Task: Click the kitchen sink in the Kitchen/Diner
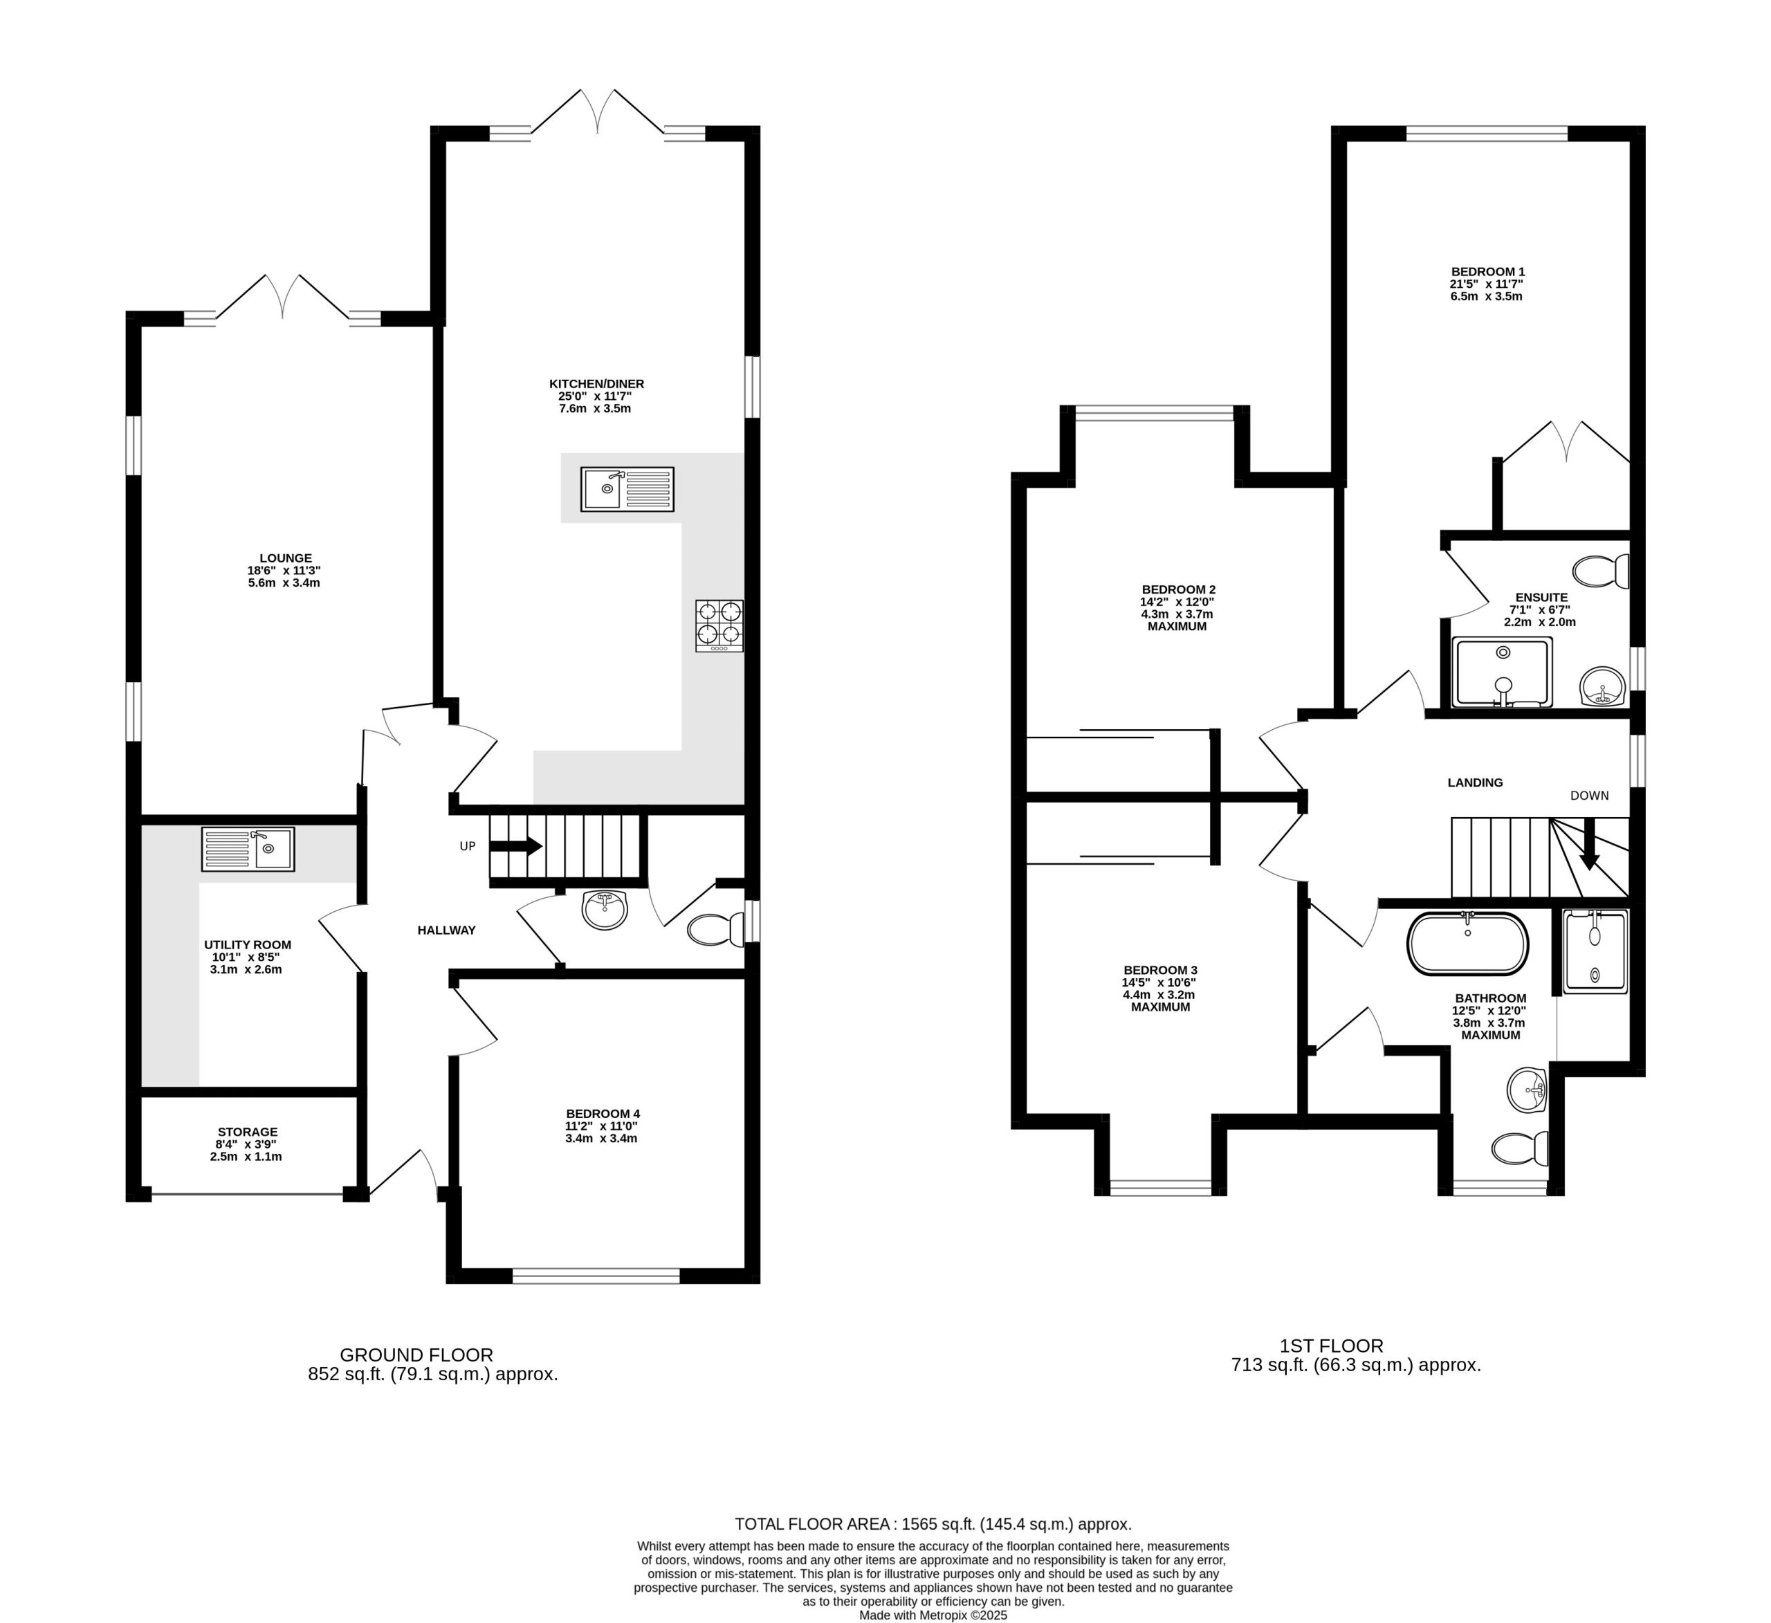(627, 489)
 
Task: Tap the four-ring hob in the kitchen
(719, 625)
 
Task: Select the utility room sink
(248, 849)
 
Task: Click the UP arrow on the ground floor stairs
(515, 846)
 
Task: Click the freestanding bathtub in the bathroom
(1468, 944)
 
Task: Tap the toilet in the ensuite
(1601, 572)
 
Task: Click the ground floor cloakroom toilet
(716, 930)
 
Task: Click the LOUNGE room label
(286, 558)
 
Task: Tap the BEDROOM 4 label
(603, 1113)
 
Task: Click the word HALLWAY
(446, 930)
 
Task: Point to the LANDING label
(1475, 782)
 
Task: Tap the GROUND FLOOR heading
(416, 1355)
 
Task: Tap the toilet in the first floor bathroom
(1521, 1147)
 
